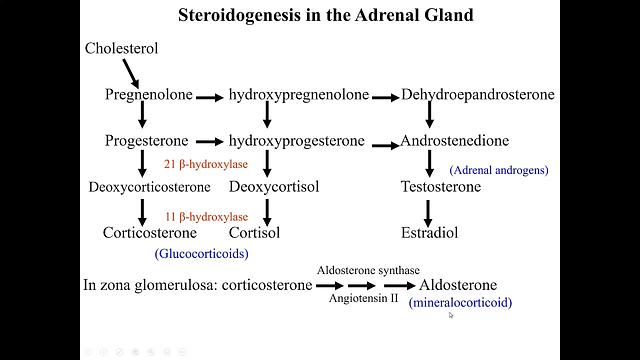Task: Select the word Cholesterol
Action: point(122,48)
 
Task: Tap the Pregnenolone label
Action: point(147,95)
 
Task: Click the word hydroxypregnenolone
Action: point(298,95)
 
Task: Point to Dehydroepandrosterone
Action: point(478,95)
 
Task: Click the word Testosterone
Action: point(440,187)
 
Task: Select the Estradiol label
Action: point(429,233)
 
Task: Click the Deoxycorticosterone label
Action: point(149,187)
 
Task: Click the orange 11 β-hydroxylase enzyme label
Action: point(206,216)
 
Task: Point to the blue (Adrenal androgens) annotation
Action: point(499,170)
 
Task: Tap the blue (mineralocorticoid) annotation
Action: point(461,302)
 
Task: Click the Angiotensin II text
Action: point(363,299)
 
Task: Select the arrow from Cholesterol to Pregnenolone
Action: point(131,71)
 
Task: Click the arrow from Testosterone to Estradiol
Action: point(429,210)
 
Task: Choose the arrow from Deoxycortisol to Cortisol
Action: point(267,210)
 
